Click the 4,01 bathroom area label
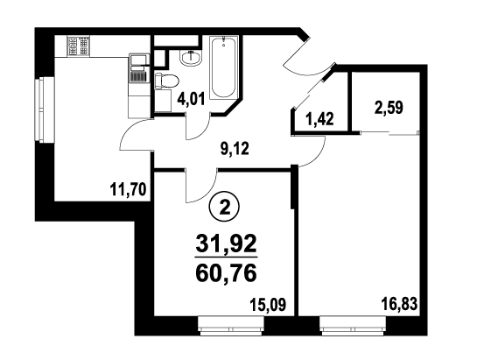tap(191, 100)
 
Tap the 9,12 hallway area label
tap(235, 150)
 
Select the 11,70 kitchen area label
tap(128, 189)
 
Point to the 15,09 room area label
tap(268, 305)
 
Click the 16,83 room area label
tap(399, 304)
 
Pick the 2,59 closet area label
tap(389, 109)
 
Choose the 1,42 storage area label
tap(319, 119)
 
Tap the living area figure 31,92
tap(227, 244)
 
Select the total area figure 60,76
tap(227, 273)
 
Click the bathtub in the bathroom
tap(224, 67)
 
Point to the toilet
tap(166, 81)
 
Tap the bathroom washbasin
tap(191, 58)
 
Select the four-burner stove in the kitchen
tap(79, 46)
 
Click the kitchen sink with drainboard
tap(139, 68)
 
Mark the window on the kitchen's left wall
tap(45, 109)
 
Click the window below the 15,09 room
tap(231, 326)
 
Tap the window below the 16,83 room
tap(353, 326)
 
